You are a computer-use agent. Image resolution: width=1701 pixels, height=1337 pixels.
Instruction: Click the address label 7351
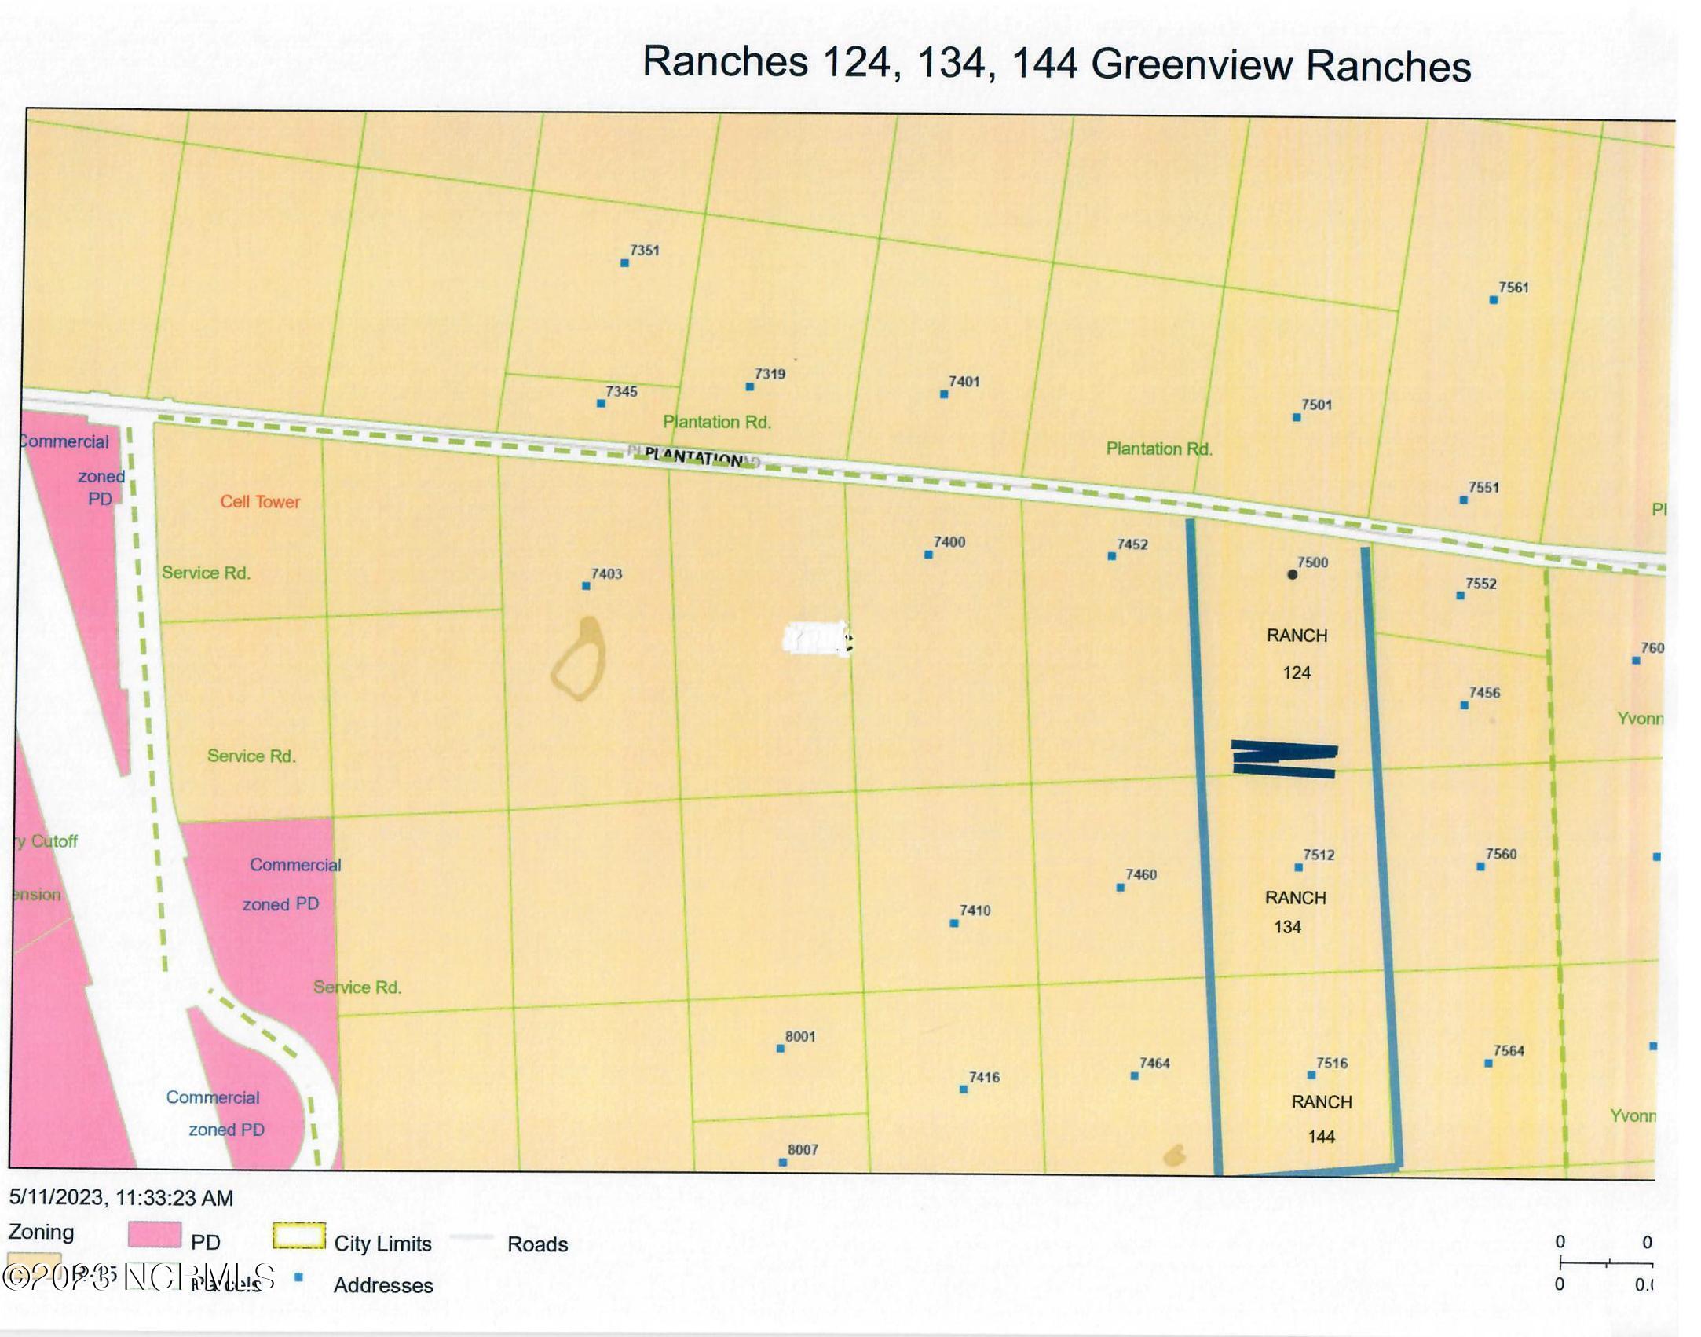pyautogui.click(x=644, y=251)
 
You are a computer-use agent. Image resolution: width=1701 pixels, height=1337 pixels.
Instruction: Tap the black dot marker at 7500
pyautogui.click(x=1292, y=575)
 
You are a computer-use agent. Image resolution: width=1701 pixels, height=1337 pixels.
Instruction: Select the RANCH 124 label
pyautogui.click(x=1297, y=653)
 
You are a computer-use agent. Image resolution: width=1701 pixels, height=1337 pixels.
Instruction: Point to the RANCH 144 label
pyautogui.click(x=1322, y=1119)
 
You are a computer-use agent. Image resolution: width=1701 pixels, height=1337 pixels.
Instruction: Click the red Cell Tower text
pyautogui.click(x=260, y=502)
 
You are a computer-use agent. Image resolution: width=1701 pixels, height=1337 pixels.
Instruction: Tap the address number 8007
pyautogui.click(x=803, y=1150)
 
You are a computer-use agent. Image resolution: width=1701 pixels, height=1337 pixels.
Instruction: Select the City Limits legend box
pyautogui.click(x=298, y=1236)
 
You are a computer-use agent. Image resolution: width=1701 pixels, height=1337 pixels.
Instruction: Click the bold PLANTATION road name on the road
pyautogui.click(x=693, y=458)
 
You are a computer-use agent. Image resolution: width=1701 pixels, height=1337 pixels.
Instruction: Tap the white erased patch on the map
pyautogui.click(x=817, y=639)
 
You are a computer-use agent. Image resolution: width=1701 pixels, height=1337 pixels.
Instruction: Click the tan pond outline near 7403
pyautogui.click(x=580, y=659)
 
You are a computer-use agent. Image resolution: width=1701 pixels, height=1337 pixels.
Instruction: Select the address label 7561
pyautogui.click(x=1513, y=288)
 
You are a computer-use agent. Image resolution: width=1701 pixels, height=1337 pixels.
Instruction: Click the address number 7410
pyautogui.click(x=975, y=910)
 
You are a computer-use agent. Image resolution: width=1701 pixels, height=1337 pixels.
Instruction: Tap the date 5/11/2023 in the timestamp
pyautogui.click(x=57, y=1198)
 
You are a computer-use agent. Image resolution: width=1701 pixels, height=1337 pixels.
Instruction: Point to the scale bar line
pyautogui.click(x=1606, y=1264)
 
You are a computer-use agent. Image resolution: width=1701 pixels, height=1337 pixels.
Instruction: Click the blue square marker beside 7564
pyautogui.click(x=1488, y=1064)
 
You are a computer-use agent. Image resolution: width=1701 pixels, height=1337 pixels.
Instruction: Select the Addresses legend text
pyautogui.click(x=383, y=1285)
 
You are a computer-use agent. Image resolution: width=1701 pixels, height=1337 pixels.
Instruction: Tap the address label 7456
pyautogui.click(x=1484, y=693)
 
